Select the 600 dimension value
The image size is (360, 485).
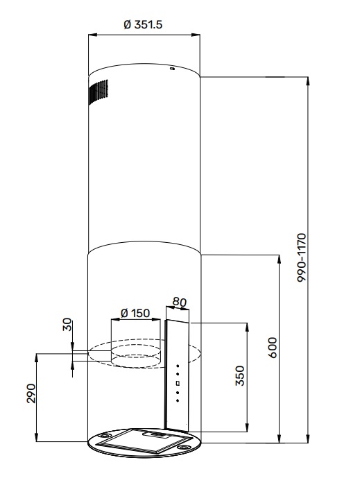(x=273, y=347)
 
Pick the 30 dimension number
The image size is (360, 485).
(x=67, y=325)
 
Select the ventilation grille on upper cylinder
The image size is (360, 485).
(x=98, y=93)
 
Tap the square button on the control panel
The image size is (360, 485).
(x=178, y=383)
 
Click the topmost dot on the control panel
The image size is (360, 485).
(x=178, y=366)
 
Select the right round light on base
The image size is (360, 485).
(x=186, y=448)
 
